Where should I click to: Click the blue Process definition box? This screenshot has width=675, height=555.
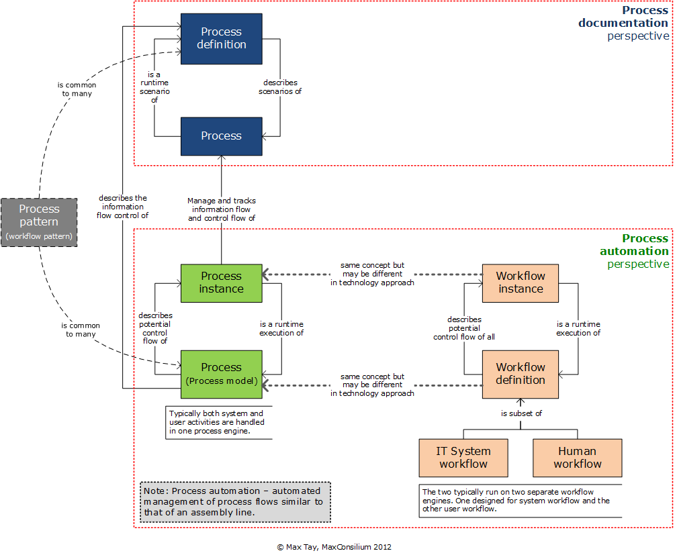coord(221,38)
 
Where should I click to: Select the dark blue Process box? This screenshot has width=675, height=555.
coord(221,136)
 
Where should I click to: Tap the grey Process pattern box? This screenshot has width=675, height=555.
coord(39,221)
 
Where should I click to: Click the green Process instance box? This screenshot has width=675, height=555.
coord(221,283)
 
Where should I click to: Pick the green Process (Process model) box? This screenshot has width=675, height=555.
coord(221,374)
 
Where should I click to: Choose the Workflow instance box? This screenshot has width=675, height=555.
coord(521,283)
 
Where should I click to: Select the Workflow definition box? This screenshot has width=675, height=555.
coord(521,374)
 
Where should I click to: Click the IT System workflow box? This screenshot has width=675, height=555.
coord(463,458)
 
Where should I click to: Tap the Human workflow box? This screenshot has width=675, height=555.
coord(578,458)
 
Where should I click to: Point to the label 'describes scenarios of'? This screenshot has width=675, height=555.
coord(280,87)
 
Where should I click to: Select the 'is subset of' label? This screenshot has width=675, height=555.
coord(521,413)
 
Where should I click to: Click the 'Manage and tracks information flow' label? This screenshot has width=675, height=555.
coord(221,209)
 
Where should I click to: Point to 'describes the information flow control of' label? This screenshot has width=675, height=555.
coord(123,207)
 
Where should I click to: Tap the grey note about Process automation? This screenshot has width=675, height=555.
coord(236,501)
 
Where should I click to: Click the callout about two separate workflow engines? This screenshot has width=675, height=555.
coord(520,501)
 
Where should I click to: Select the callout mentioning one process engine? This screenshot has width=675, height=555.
coord(218,422)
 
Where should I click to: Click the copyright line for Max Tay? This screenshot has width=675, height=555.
coord(334,547)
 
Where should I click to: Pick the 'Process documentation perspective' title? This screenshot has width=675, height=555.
coord(624,23)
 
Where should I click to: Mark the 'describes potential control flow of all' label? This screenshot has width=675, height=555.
coord(463,328)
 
